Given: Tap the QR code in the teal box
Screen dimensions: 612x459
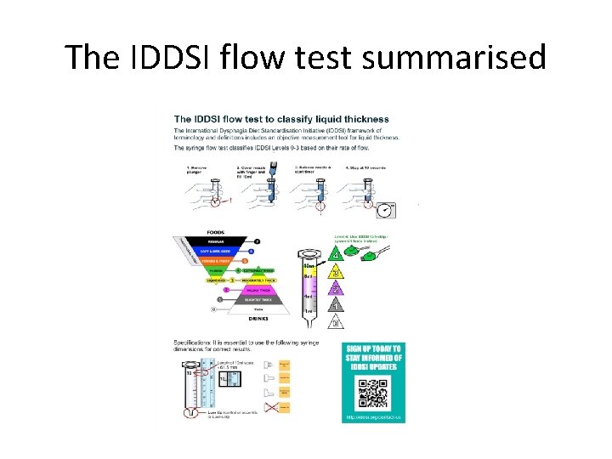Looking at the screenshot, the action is (x=371, y=392).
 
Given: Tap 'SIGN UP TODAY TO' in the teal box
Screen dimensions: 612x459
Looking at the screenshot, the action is (x=371, y=349).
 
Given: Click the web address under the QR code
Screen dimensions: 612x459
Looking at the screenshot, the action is (x=371, y=418).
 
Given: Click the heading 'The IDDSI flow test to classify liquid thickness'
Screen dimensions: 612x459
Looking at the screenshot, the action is (x=281, y=118).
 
